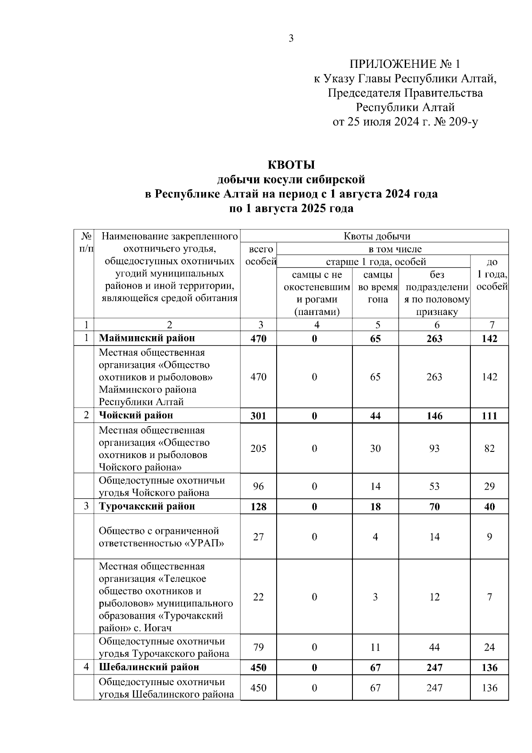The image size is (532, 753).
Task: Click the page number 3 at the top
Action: (x=291, y=39)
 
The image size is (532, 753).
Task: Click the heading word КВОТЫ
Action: (x=291, y=165)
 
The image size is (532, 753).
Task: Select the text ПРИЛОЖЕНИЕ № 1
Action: (x=405, y=64)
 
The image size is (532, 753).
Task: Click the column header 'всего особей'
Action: (x=259, y=255)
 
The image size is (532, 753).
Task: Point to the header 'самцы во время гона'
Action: (x=375, y=287)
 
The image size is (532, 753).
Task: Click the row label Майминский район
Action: (x=147, y=338)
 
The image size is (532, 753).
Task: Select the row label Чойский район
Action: (x=136, y=416)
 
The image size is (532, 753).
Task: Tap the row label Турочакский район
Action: (x=147, y=506)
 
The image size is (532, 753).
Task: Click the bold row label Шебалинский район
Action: (x=149, y=667)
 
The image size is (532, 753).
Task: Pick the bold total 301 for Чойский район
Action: (x=258, y=416)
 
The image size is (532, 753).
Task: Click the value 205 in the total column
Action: (x=258, y=448)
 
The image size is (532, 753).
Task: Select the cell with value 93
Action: (x=434, y=448)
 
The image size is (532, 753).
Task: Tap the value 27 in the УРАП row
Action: (x=258, y=537)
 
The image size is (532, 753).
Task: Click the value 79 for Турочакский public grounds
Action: (x=258, y=647)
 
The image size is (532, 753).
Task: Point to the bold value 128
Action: (x=258, y=507)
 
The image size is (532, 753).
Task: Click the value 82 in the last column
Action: (x=489, y=448)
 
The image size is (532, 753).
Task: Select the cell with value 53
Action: (x=434, y=486)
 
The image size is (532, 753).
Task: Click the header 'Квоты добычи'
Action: (x=377, y=236)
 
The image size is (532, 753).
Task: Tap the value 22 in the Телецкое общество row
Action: (x=258, y=597)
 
